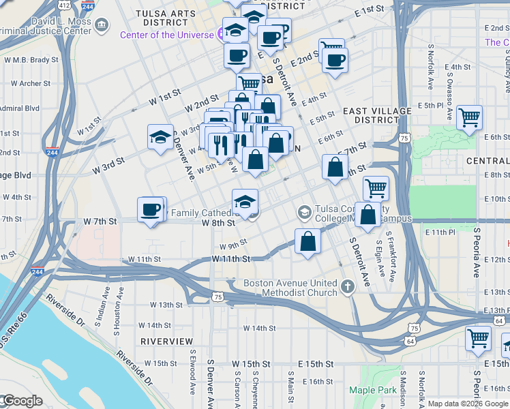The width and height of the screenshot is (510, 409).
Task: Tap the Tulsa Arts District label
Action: (x=162, y=18)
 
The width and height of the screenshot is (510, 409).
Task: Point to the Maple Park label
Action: (x=372, y=391)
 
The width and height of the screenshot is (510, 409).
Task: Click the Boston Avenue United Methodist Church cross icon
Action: (x=348, y=286)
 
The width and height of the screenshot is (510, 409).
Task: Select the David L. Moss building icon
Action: (x=102, y=26)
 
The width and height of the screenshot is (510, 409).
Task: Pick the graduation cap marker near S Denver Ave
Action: (x=160, y=136)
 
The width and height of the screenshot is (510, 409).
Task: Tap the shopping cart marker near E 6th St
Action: (x=470, y=117)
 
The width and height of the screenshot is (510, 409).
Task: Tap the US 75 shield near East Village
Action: (x=405, y=138)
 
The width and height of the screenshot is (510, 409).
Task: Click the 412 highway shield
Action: (x=64, y=5)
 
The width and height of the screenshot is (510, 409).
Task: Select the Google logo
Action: (x=22, y=401)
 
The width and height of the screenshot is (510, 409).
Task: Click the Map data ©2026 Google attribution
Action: (x=467, y=404)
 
